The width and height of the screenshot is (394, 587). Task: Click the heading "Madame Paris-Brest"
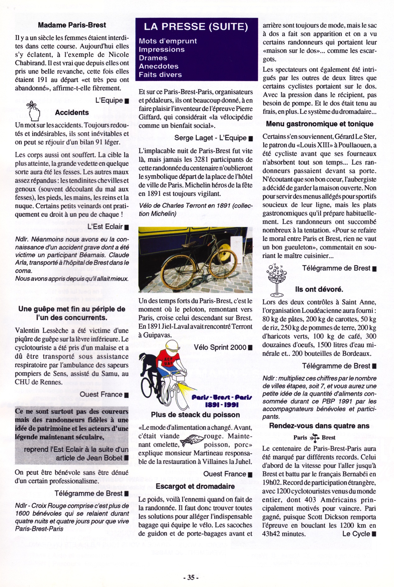[x=72, y=25]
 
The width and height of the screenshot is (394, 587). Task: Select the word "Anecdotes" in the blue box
[x=158, y=66]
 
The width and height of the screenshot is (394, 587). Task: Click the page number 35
[x=191, y=577]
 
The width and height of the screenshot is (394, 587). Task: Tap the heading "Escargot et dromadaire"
[x=195, y=486]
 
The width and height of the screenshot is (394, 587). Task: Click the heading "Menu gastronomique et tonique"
[x=319, y=124]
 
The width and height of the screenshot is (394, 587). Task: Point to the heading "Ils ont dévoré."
[x=319, y=289]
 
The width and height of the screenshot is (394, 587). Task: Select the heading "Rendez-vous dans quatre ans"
[x=319, y=426]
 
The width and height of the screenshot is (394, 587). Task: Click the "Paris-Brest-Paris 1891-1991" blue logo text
[x=222, y=401]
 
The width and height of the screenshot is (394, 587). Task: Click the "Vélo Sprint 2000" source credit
[x=220, y=348]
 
